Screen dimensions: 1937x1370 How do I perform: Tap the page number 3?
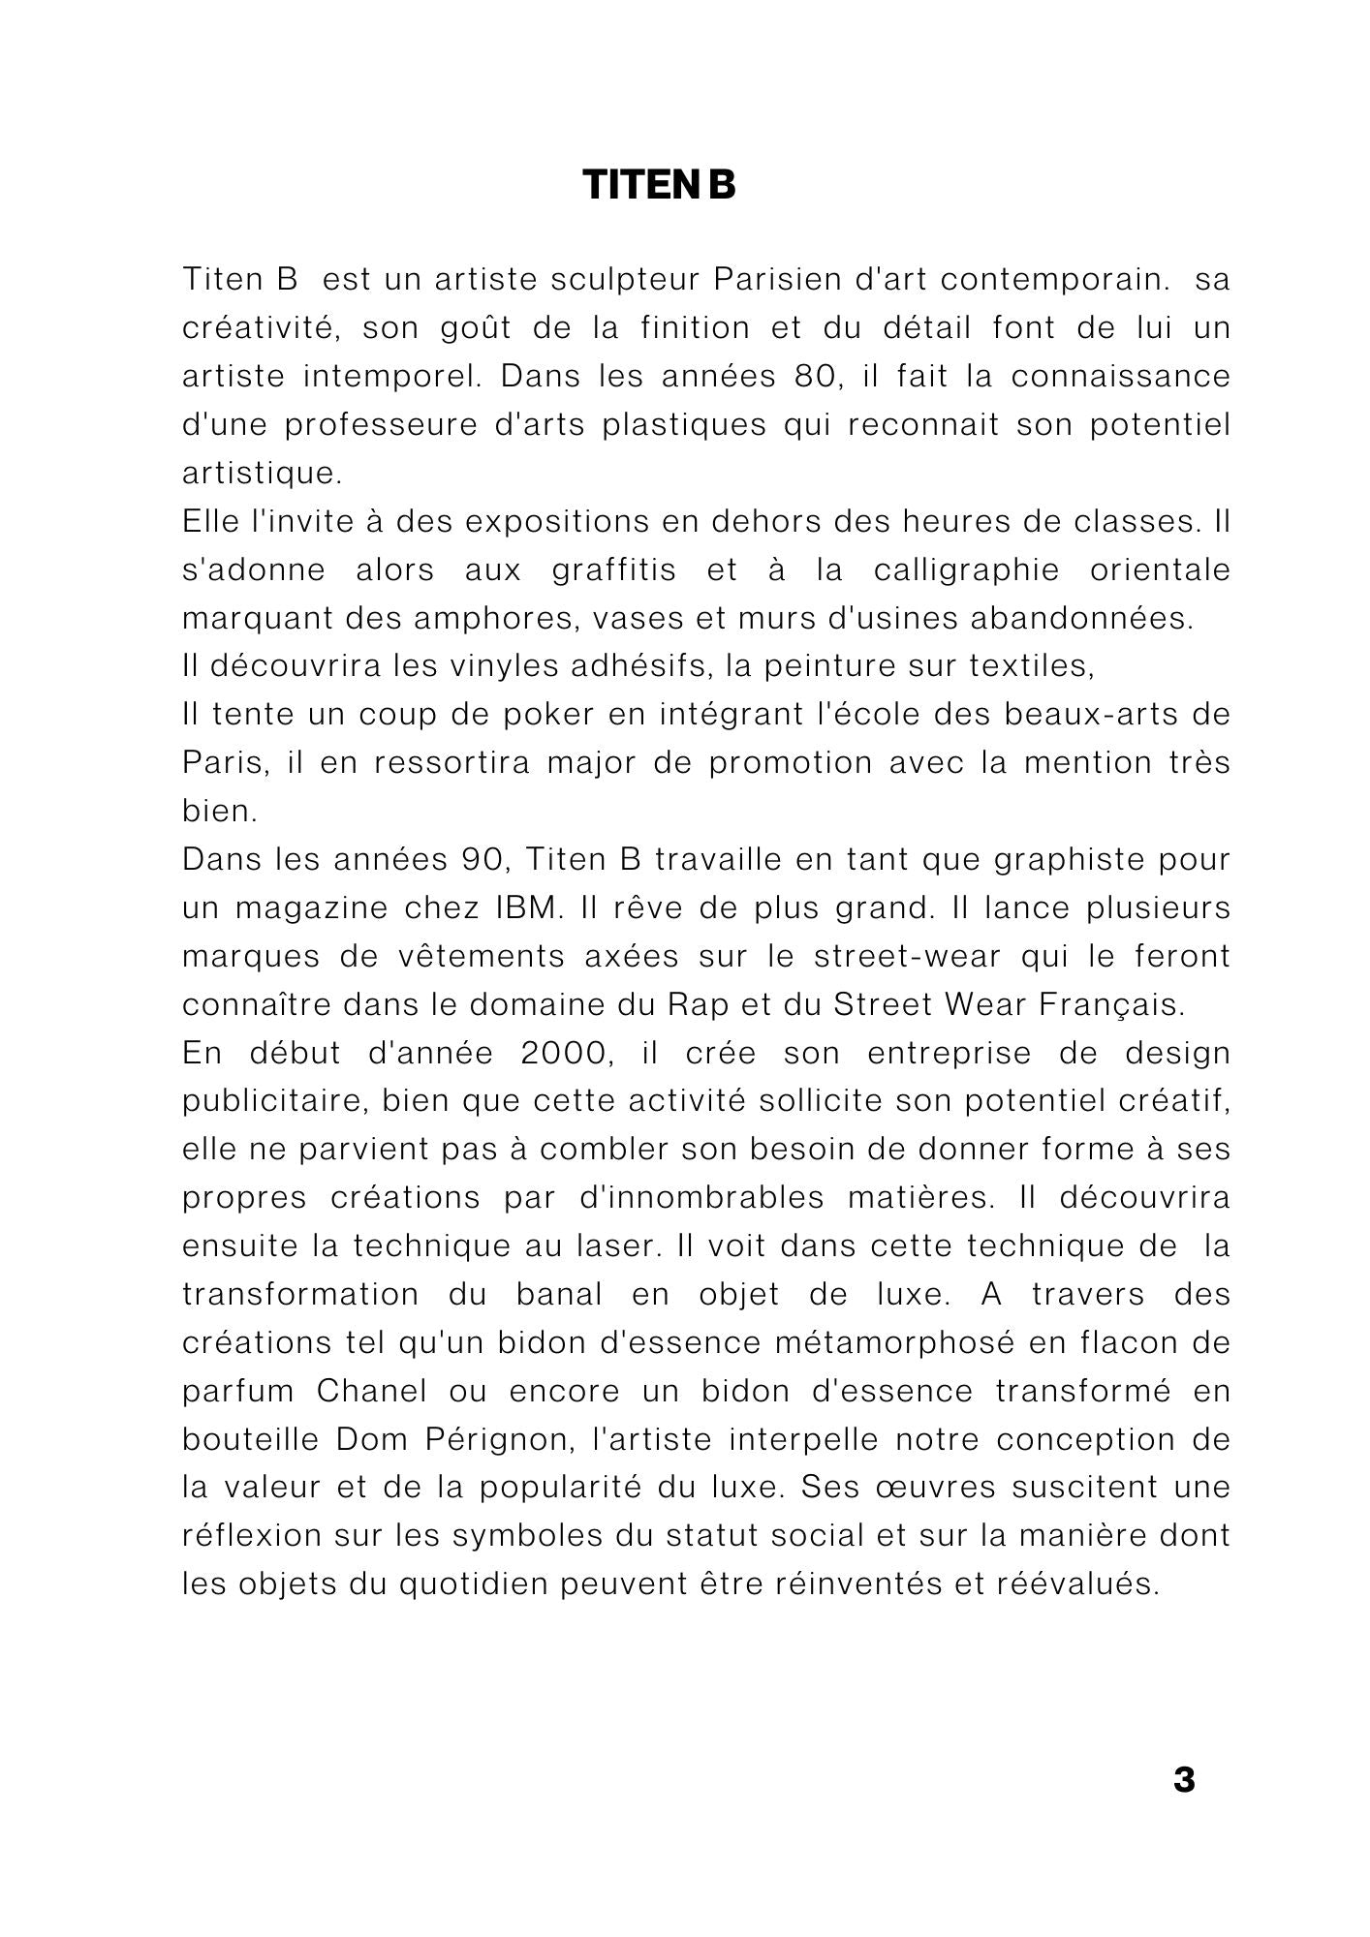(1184, 1780)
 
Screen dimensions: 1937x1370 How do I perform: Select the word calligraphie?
(967, 569)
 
